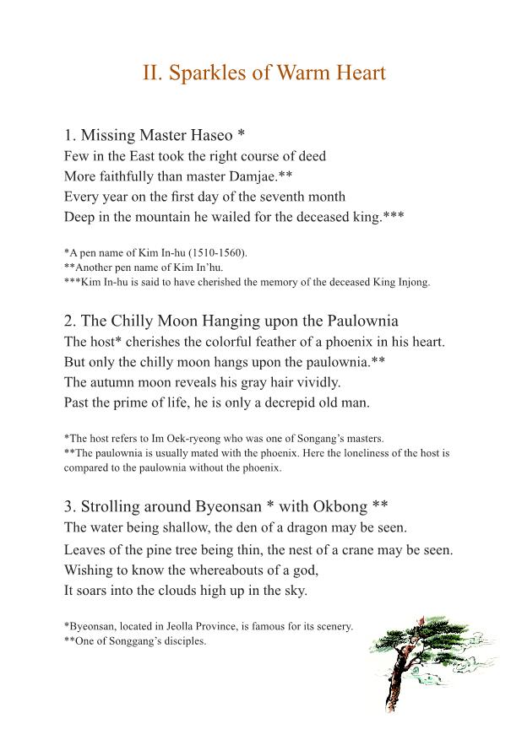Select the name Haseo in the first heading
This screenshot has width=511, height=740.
[x=206, y=135]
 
